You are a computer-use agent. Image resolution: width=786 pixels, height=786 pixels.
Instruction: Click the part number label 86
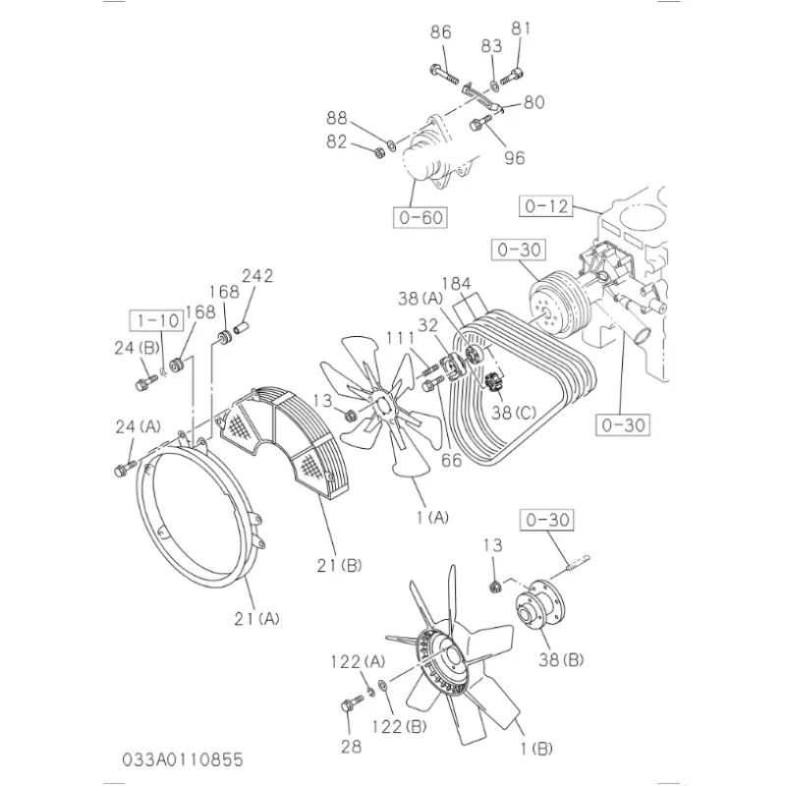(x=440, y=32)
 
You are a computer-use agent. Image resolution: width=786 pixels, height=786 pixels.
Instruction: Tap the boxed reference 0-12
(x=546, y=206)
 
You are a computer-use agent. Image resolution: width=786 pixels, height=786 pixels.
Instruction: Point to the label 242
(x=256, y=276)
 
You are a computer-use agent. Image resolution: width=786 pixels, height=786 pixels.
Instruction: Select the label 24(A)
(x=137, y=425)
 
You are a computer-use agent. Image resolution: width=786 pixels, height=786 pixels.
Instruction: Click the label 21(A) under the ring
(x=256, y=618)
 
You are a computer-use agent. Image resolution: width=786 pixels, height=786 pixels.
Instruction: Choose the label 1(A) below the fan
(x=428, y=517)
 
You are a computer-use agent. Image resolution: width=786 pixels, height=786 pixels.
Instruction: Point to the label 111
(x=399, y=337)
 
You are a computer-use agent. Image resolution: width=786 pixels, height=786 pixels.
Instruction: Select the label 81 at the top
(x=521, y=28)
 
